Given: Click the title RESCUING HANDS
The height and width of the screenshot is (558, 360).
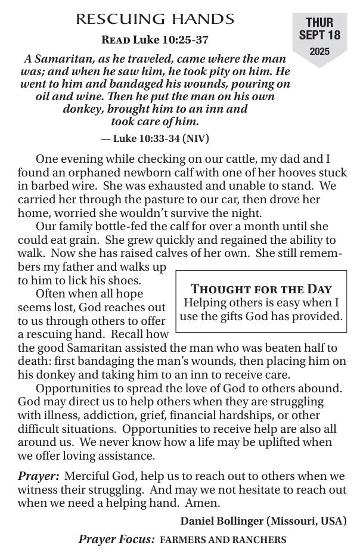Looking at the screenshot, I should tap(155, 20).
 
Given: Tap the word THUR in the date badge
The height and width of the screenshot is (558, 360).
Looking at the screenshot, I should tap(319, 23).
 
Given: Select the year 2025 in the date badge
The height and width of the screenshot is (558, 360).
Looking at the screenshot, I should tap(319, 52).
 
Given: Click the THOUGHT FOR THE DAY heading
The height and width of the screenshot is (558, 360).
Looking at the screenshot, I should tap(261, 289).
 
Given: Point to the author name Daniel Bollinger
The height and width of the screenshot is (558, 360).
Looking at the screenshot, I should tap(222, 520).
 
